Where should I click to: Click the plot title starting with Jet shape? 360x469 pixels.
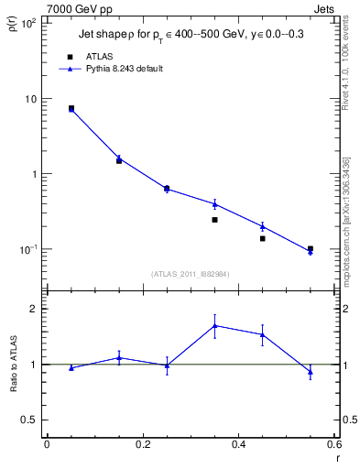click(194, 34)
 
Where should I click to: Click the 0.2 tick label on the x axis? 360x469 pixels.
click(142, 443)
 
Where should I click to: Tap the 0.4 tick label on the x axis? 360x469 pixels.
click(238, 443)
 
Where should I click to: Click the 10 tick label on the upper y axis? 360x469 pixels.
click(30, 99)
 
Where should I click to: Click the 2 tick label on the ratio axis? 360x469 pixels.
click(34, 309)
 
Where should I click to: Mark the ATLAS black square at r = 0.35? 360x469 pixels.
click(214, 220)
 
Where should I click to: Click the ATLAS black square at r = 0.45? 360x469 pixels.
click(262, 238)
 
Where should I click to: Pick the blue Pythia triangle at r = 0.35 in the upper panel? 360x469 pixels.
click(214, 203)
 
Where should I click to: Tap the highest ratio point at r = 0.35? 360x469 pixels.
click(214, 325)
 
